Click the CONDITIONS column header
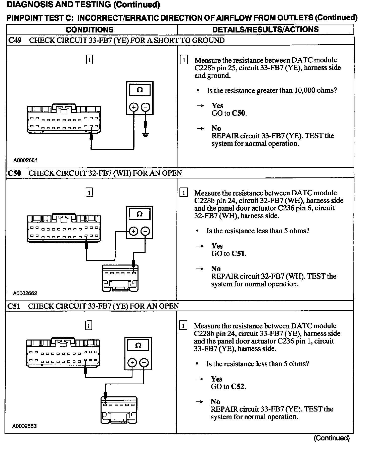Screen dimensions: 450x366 89,30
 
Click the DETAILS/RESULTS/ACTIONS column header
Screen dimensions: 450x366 265,29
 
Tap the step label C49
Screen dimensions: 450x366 15,40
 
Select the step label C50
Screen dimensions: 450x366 15,173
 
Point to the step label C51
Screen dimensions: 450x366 14,306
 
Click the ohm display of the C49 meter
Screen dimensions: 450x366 140,90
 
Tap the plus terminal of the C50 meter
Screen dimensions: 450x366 133,231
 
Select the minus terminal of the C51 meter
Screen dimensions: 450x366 144,363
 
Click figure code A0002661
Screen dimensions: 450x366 25,160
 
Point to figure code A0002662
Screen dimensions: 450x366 25,293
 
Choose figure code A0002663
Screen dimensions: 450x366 25,426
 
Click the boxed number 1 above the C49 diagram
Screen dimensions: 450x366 89,60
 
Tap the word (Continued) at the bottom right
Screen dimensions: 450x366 332,438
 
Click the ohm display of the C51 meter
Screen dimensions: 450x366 138,345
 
